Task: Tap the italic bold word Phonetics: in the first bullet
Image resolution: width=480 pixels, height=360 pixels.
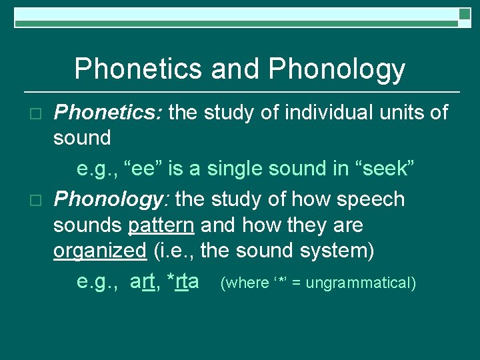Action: point(107,113)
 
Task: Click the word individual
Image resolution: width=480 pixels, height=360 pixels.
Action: point(317,113)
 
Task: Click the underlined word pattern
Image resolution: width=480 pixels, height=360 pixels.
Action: point(161,225)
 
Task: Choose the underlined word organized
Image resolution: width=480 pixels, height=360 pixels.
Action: point(99,251)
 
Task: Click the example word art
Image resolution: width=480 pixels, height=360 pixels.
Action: point(143,282)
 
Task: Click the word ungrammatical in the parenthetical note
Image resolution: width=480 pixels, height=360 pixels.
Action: point(361,283)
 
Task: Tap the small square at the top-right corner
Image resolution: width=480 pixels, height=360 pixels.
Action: point(465,14)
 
